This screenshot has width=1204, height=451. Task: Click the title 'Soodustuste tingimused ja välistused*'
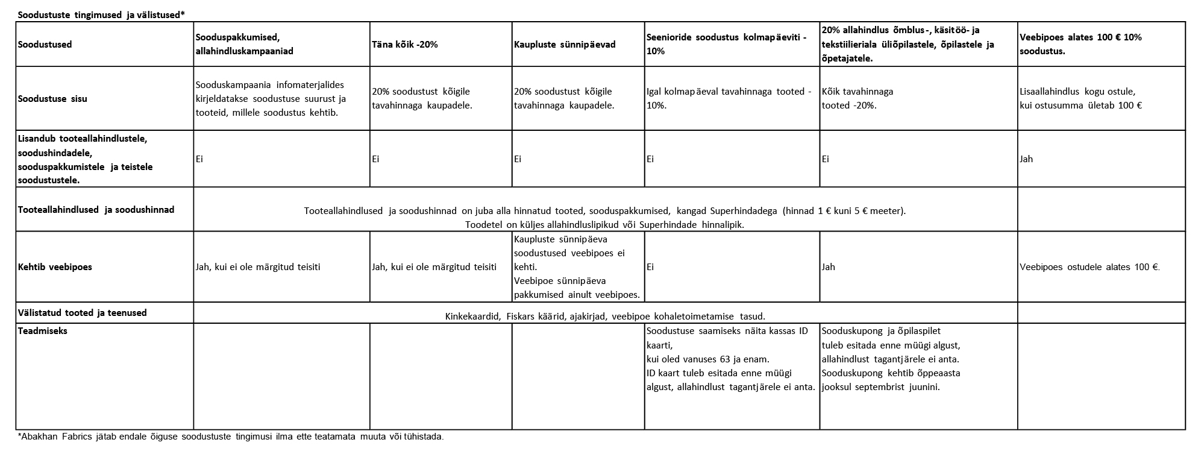click(x=101, y=15)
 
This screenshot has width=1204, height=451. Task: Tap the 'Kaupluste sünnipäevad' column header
click(x=565, y=45)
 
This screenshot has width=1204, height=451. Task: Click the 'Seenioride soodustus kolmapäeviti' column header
click(x=726, y=44)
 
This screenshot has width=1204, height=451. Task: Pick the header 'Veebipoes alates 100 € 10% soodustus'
click(x=1080, y=44)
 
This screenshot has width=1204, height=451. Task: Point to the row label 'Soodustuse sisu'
click(x=52, y=99)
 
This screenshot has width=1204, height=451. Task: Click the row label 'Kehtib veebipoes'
click(x=55, y=266)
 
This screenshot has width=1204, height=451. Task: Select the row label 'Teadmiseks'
click(x=43, y=331)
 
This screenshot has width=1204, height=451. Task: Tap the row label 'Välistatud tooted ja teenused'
click(x=83, y=313)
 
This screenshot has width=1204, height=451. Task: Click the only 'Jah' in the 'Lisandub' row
click(x=1026, y=159)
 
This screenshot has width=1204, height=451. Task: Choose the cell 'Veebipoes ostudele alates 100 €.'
click(x=1090, y=266)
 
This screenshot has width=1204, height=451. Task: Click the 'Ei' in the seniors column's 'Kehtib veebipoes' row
click(x=650, y=266)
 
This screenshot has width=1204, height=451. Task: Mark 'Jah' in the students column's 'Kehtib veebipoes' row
click(x=829, y=266)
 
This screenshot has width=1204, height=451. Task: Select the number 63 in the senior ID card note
click(x=725, y=359)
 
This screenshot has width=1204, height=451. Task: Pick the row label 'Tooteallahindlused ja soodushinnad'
click(x=96, y=210)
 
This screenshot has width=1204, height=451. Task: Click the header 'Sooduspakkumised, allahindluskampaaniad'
click(x=245, y=44)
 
